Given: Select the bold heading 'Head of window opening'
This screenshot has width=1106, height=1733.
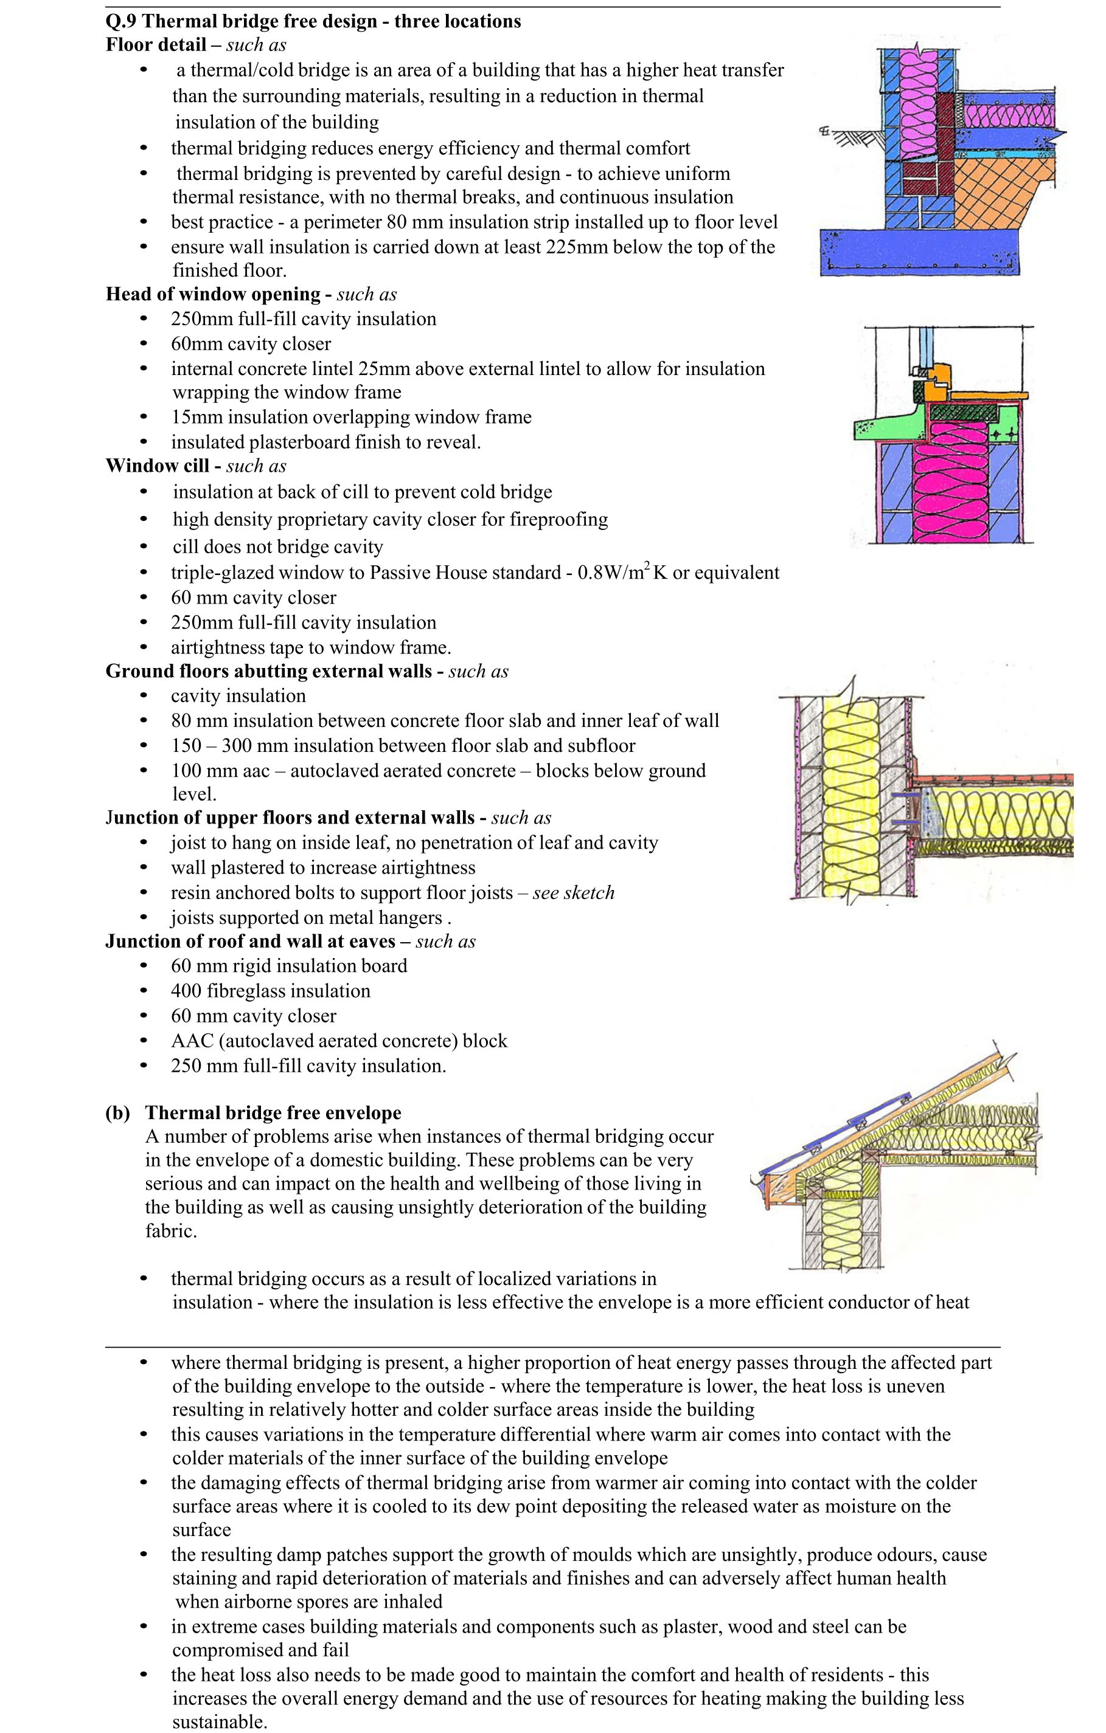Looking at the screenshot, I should point(212,294).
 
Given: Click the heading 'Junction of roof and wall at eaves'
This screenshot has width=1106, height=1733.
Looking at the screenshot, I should point(250,942).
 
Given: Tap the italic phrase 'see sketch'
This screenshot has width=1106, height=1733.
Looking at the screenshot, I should point(573,893).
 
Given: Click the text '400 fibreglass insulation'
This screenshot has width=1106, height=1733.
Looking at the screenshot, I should point(270,991).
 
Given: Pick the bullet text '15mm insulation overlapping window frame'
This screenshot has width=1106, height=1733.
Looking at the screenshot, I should point(350,418).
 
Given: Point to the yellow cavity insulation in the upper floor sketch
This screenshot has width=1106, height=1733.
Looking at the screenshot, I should point(850,791).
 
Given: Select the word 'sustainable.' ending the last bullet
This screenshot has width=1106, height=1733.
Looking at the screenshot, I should point(220,1722).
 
